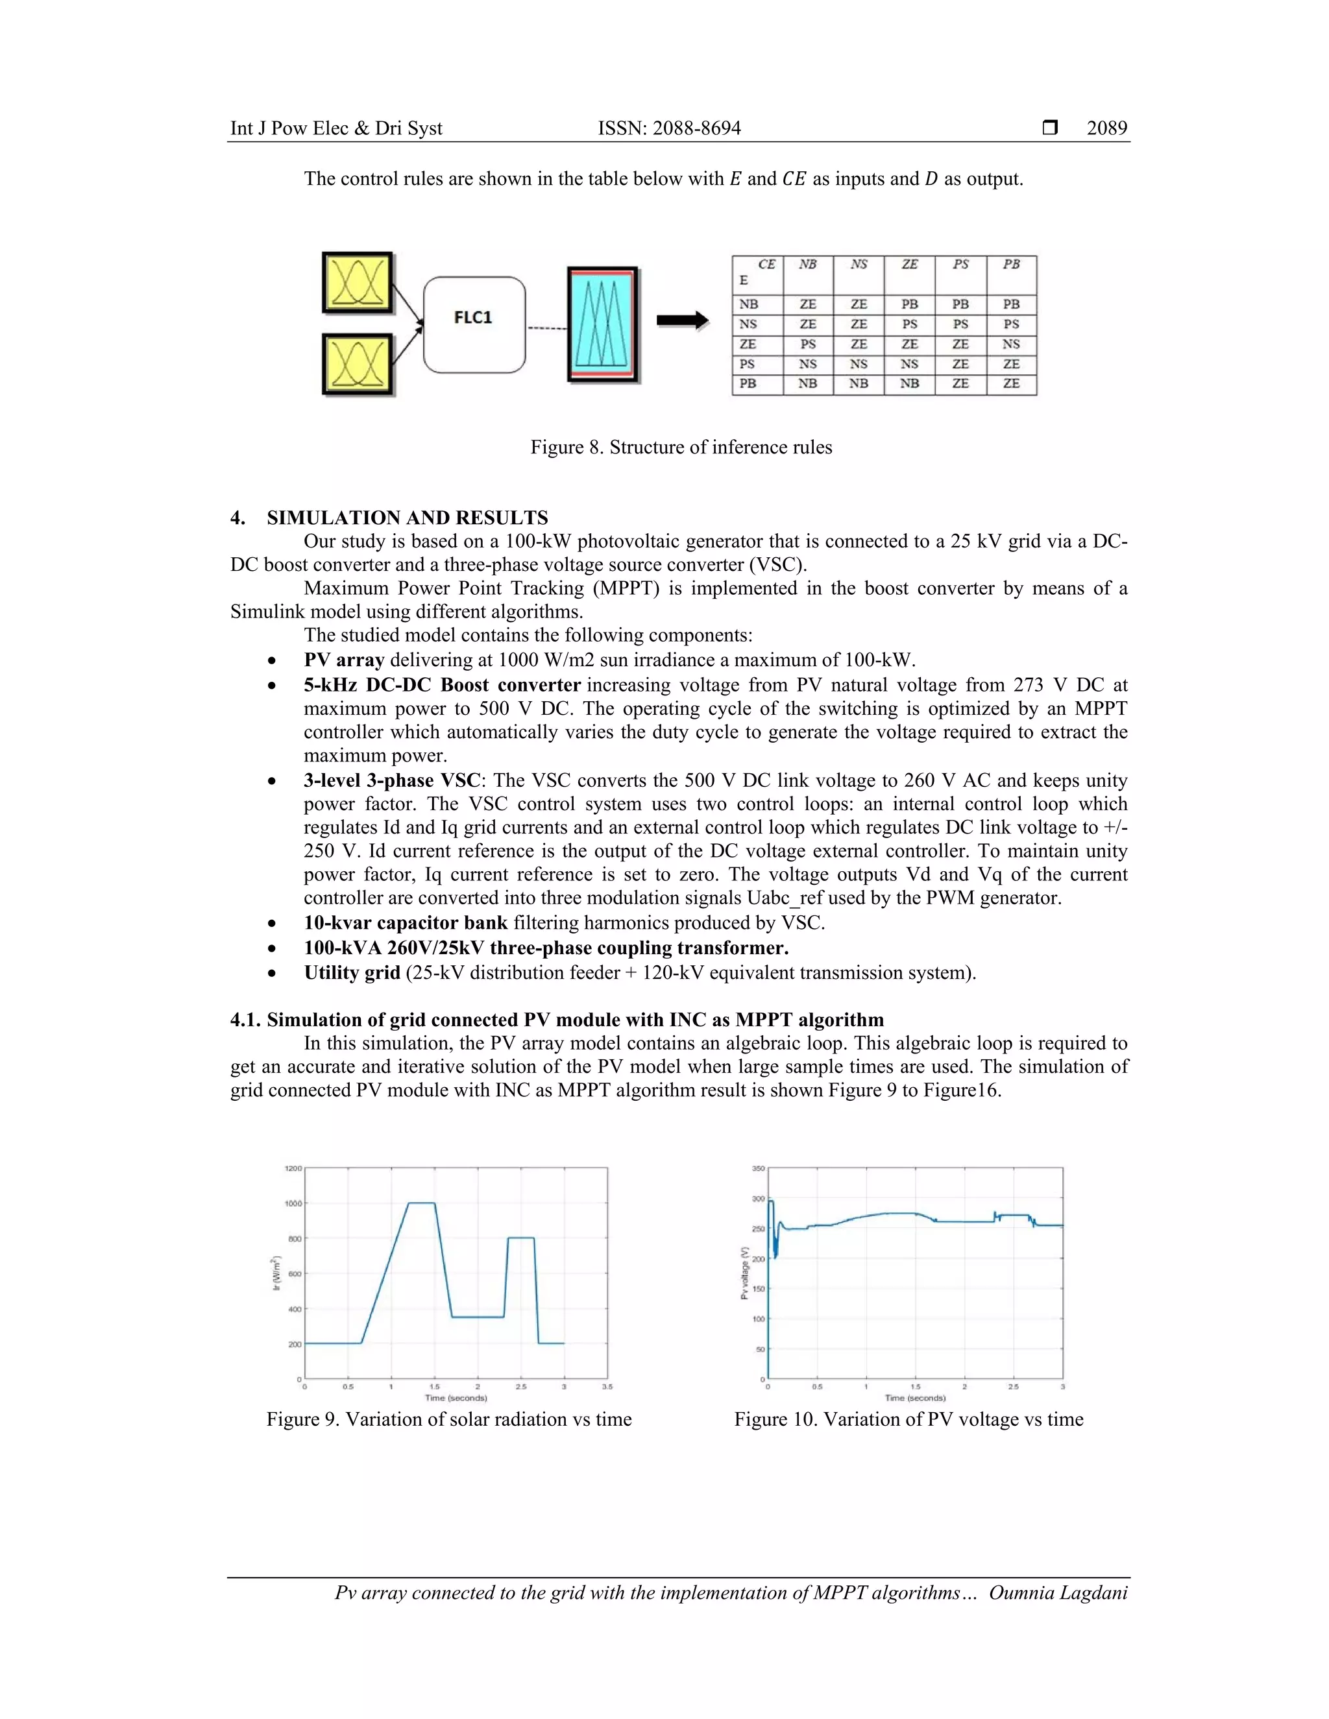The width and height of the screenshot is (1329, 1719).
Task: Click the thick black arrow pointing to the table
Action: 682,320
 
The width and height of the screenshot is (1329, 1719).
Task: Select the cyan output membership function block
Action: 602,324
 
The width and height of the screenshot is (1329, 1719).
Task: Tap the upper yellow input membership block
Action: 358,283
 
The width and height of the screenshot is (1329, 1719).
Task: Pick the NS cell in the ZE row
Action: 1011,344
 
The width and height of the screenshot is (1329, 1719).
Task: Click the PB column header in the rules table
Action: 1011,265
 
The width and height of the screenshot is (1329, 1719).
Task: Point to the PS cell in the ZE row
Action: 808,344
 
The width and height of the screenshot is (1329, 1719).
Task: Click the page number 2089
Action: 1106,128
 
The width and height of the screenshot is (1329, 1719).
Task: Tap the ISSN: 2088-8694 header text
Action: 669,128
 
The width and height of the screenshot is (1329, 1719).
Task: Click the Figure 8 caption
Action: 681,447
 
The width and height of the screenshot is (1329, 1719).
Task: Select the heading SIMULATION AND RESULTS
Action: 407,518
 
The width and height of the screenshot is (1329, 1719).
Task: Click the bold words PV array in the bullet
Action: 344,660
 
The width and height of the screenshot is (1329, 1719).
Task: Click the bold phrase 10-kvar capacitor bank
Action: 406,922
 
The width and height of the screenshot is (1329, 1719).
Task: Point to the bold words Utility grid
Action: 352,973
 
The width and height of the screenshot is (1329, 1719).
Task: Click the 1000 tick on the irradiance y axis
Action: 293,1203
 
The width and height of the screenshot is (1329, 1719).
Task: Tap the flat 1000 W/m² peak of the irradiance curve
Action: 421,1203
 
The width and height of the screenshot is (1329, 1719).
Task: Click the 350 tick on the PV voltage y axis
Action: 757,1169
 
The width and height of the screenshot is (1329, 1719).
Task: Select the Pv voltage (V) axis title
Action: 744,1273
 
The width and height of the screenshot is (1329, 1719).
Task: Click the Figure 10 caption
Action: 908,1419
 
